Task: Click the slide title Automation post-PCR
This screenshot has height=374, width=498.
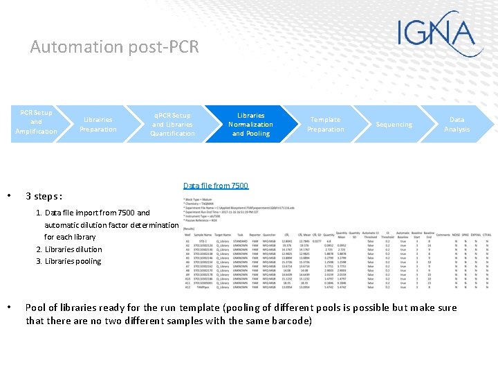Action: click(114, 47)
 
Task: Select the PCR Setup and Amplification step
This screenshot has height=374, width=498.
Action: click(36, 122)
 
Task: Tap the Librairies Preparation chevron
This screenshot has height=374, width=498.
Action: click(98, 125)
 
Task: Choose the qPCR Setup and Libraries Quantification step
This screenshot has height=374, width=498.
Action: click(172, 125)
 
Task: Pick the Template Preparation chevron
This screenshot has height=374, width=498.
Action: click(325, 125)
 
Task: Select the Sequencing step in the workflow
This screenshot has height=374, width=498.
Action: click(394, 125)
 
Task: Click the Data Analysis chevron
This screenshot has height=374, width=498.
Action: click(456, 125)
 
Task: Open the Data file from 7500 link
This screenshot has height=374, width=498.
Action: click(215, 186)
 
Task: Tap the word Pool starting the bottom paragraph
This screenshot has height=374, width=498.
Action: click(36, 308)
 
